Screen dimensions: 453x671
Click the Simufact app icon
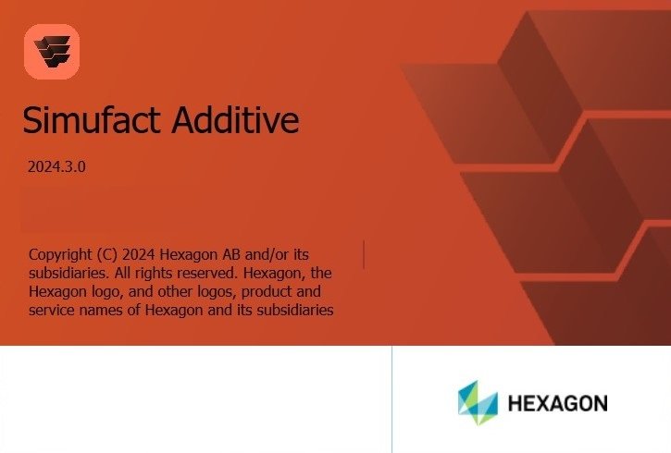click(x=52, y=52)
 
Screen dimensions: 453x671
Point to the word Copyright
click(x=61, y=254)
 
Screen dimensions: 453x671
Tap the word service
click(x=53, y=311)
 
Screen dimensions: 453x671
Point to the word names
click(x=101, y=311)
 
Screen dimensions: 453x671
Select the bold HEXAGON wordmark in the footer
click(x=557, y=404)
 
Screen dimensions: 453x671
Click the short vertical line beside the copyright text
click(x=364, y=254)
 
